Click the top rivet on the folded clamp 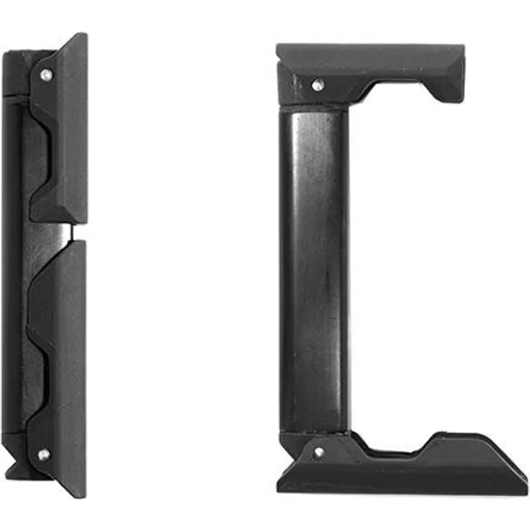pyautogui.click(x=46, y=74)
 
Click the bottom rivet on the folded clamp pyautogui.click(x=44, y=454)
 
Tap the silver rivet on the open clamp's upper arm pyautogui.click(x=317, y=85)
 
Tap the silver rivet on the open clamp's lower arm pyautogui.click(x=318, y=453)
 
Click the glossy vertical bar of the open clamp pyautogui.click(x=315, y=266)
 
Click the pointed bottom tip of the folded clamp pyautogui.click(x=78, y=494)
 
